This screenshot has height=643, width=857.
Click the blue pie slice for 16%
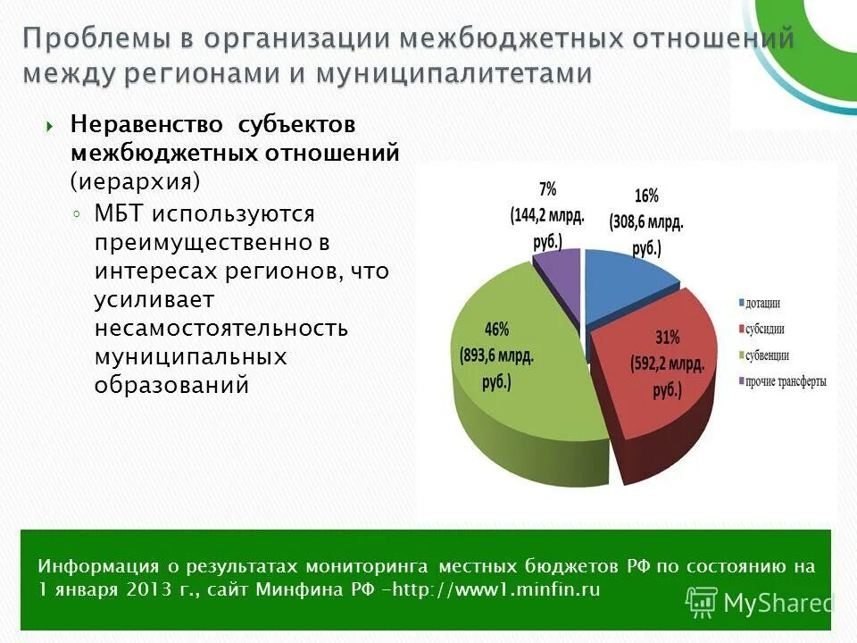click(625, 286)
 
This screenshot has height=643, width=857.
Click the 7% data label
click(547, 188)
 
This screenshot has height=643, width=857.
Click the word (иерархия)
click(136, 180)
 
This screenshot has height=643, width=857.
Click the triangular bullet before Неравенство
click(50, 126)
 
